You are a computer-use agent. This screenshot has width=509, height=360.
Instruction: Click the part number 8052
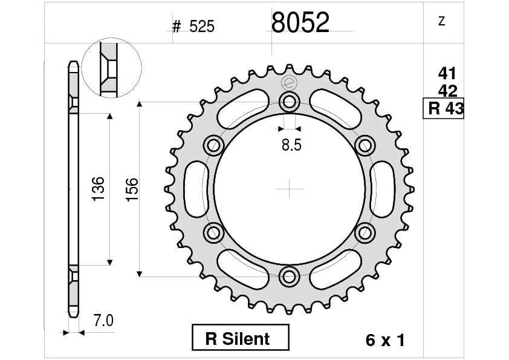(x=300, y=23)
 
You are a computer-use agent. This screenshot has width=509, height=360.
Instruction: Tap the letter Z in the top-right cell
(x=441, y=22)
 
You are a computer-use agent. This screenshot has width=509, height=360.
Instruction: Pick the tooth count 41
(x=447, y=74)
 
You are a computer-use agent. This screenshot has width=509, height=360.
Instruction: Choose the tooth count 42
(x=447, y=91)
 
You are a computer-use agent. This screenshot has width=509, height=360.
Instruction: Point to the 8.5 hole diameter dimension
(x=291, y=145)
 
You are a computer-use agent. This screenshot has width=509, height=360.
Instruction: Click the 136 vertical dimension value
(x=99, y=189)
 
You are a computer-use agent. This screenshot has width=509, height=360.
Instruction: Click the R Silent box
(x=240, y=338)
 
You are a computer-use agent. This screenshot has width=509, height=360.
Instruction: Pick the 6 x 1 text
(x=385, y=340)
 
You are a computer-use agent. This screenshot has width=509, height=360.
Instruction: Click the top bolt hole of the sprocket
(x=290, y=102)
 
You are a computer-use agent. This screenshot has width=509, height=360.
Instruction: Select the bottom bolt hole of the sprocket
(x=290, y=277)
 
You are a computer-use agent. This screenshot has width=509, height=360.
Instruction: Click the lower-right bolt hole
(x=365, y=232)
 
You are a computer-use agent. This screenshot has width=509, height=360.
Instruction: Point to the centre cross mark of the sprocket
(x=290, y=189)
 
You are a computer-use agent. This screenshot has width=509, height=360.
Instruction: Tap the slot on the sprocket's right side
(x=384, y=189)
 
